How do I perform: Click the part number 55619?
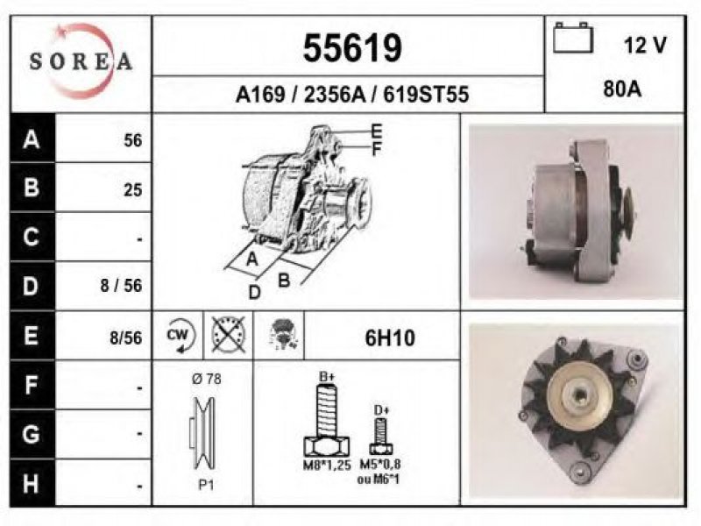(x=352, y=48)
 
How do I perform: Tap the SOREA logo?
(x=81, y=61)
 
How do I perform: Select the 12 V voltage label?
(x=645, y=45)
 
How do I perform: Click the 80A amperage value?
(x=622, y=89)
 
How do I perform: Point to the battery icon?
(x=573, y=38)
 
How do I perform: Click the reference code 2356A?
(x=335, y=95)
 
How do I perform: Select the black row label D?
(x=31, y=287)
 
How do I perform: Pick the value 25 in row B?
(x=133, y=190)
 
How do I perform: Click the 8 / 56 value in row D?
(x=121, y=286)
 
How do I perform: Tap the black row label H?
(x=31, y=484)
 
